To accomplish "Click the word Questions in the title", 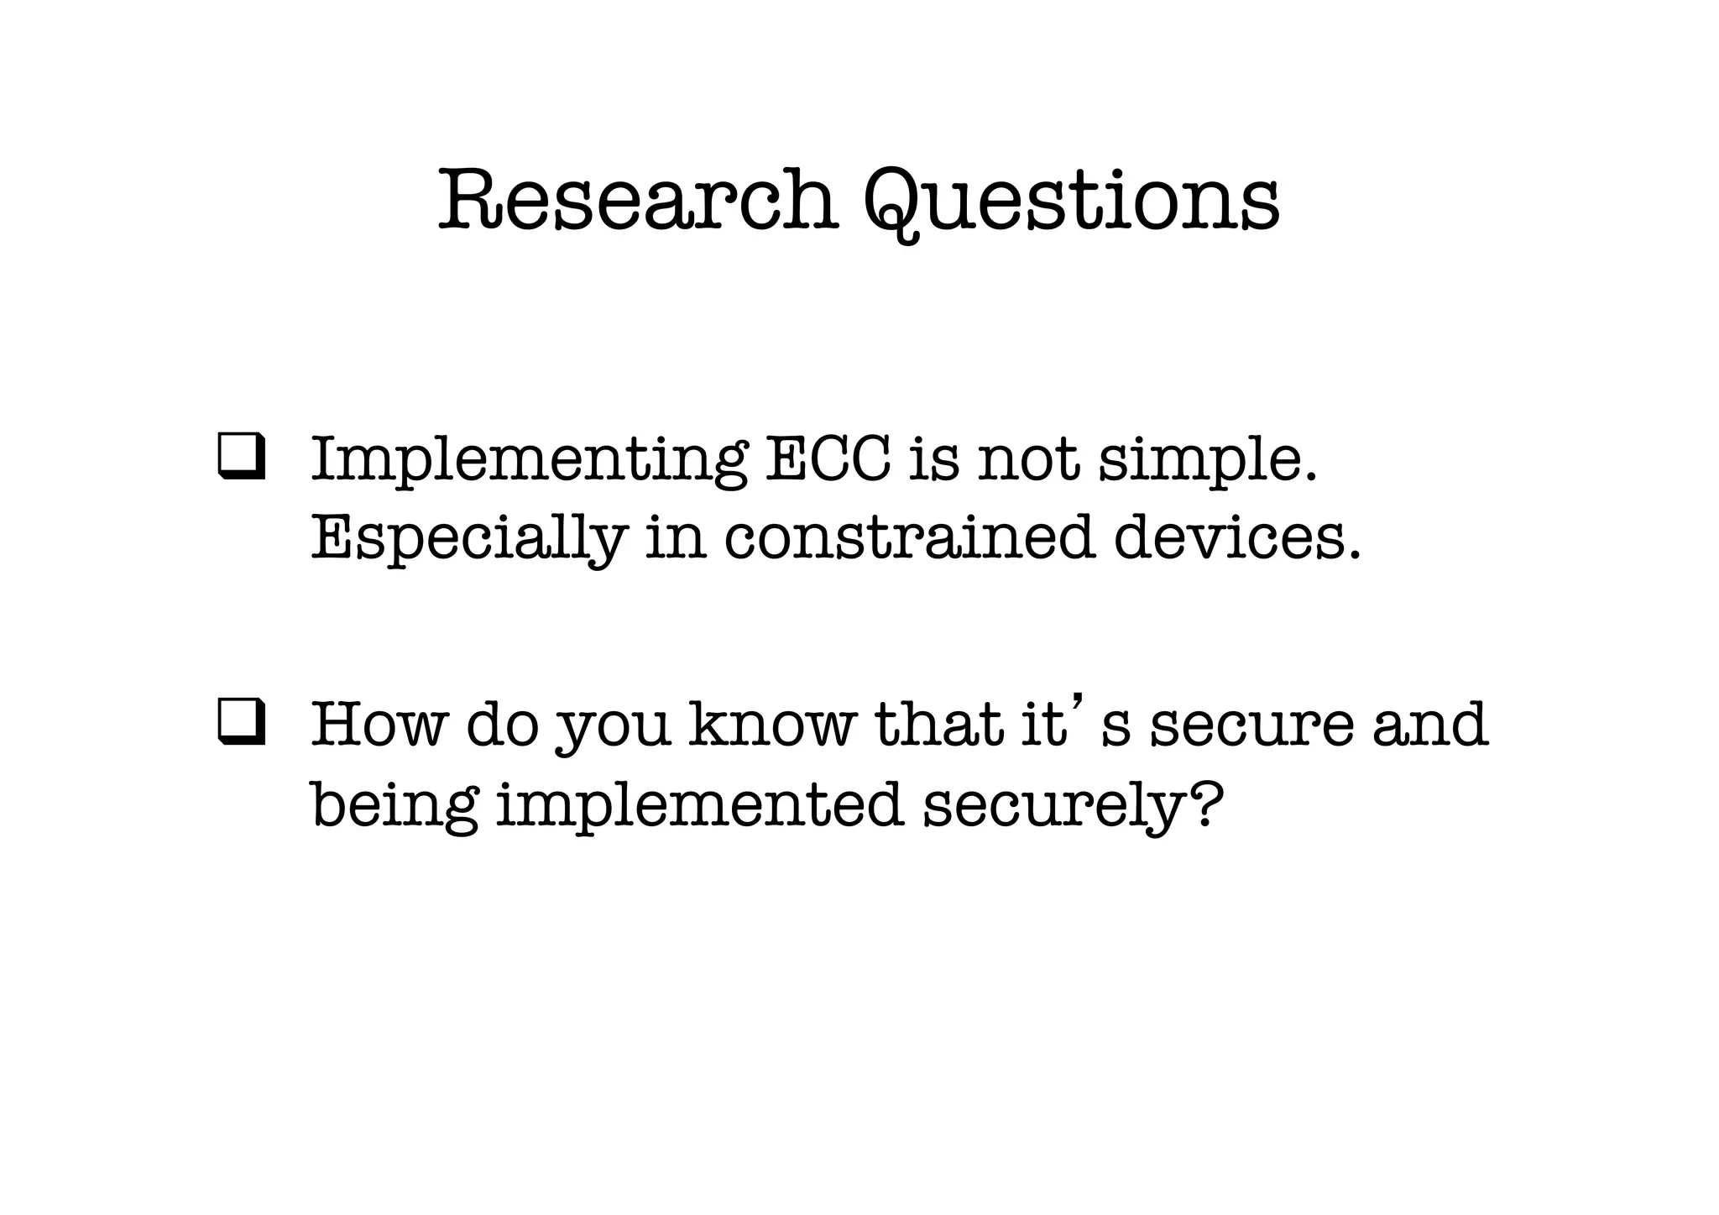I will pyautogui.click(x=1071, y=202).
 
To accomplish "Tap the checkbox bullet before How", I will pyautogui.click(x=242, y=725).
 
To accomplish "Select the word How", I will pyautogui.click(x=376, y=725).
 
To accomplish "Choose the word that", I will pyautogui.click(x=938, y=724).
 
